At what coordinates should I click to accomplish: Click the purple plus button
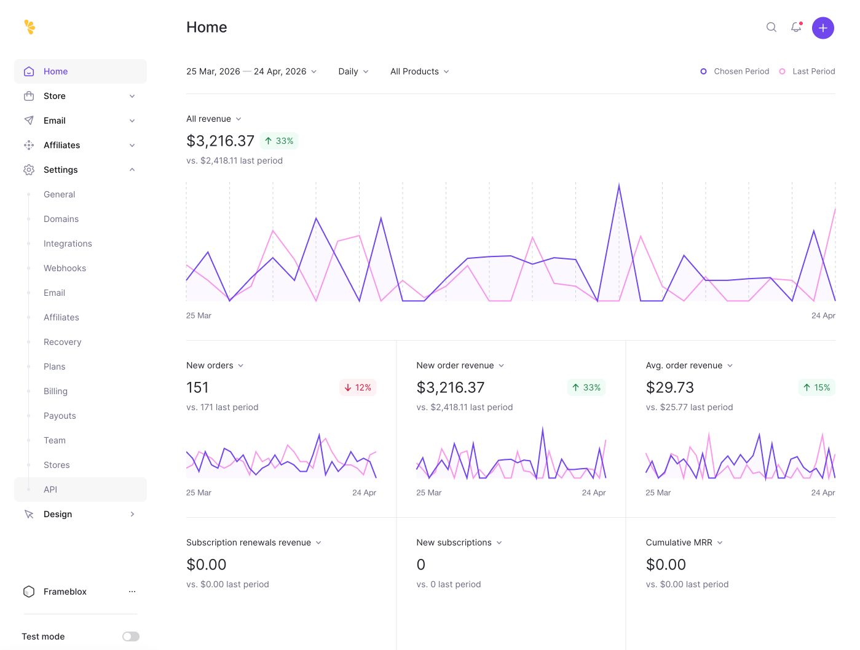pos(823,28)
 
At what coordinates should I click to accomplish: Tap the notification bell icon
pos(796,27)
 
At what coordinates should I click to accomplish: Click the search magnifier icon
pos(771,27)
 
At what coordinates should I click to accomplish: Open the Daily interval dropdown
pos(353,71)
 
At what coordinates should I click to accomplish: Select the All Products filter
pos(419,71)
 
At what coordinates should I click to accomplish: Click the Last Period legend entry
pos(807,71)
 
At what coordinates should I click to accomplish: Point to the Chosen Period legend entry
pos(735,71)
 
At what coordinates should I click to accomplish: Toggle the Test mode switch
pos(130,636)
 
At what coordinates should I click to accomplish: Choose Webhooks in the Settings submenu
pos(65,268)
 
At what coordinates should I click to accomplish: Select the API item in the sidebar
pos(50,489)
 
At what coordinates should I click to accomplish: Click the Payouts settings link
pos(60,416)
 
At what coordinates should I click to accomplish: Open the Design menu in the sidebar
pos(58,514)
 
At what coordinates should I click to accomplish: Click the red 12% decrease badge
pos(358,387)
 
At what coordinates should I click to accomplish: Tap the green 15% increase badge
pos(816,387)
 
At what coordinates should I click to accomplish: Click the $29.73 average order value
pos(669,387)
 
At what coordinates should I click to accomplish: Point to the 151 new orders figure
pos(197,387)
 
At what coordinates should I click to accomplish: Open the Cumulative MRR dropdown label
pos(684,542)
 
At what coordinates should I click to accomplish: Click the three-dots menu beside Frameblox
pos(132,592)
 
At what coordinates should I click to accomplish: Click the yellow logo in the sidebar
pos(30,27)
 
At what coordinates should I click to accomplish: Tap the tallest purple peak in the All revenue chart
pos(619,186)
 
